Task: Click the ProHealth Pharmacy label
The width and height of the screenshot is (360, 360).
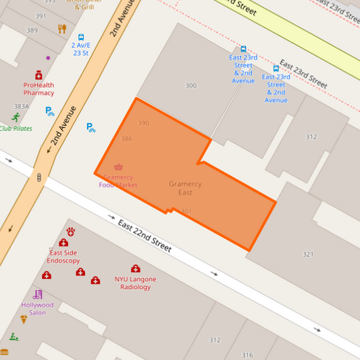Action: click(x=38, y=89)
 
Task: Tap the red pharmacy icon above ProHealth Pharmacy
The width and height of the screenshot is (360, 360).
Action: click(x=38, y=75)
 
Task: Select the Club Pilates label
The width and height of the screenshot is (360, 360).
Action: click(x=16, y=128)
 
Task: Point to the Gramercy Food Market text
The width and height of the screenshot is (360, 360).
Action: click(x=118, y=181)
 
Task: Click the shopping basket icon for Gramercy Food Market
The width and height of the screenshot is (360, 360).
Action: click(x=119, y=167)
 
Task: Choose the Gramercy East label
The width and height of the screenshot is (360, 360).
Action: click(x=185, y=188)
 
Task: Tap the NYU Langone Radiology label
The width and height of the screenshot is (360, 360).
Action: click(x=135, y=283)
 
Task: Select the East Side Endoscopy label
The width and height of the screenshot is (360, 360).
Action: click(x=63, y=256)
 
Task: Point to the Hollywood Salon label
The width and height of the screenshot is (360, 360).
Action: click(x=38, y=309)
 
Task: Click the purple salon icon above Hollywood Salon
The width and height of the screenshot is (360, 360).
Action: click(x=38, y=294)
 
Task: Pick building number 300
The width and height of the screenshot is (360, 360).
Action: click(x=191, y=86)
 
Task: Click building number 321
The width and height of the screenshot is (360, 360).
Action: click(x=308, y=254)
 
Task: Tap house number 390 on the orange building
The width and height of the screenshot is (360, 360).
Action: click(x=143, y=123)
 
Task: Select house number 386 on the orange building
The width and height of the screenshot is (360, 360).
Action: click(x=126, y=138)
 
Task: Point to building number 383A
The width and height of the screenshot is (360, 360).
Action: click(x=22, y=107)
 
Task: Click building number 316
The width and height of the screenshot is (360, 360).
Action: click(x=247, y=355)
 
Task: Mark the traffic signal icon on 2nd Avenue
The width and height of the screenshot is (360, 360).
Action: click(x=39, y=178)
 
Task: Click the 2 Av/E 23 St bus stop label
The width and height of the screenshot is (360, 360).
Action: click(x=81, y=49)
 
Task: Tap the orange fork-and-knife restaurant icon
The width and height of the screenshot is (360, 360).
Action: click(x=62, y=28)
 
